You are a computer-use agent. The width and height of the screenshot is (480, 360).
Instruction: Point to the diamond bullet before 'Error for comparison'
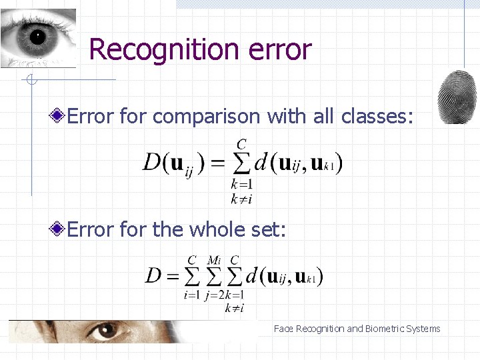(58, 117)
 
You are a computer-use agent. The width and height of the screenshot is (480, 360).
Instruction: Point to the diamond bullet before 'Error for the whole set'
(58, 230)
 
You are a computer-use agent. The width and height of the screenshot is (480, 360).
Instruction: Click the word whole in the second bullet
(212, 230)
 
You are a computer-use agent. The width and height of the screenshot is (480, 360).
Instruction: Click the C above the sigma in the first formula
(241, 143)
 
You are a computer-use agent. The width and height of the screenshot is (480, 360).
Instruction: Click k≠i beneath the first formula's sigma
(241, 197)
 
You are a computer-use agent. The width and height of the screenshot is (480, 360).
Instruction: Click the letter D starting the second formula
(154, 275)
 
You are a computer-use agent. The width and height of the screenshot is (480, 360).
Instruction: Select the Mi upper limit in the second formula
(214, 259)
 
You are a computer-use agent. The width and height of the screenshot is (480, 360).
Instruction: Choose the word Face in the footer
(283, 329)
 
